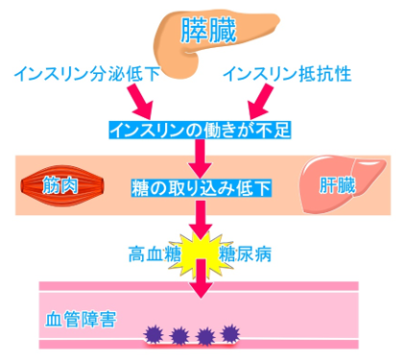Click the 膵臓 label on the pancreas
[x=208, y=31]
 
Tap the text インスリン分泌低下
[x=87, y=74]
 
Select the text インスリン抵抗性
[x=287, y=74]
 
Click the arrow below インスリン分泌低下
[x=140, y=101]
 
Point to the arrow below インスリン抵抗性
[x=261, y=101]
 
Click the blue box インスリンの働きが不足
[x=199, y=130]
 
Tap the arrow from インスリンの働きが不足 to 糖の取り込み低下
[x=200, y=158]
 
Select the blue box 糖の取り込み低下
[x=201, y=188]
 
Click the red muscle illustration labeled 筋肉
[x=62, y=185]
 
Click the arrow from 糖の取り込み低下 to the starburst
[x=200, y=220]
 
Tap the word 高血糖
[x=154, y=254]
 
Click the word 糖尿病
[x=245, y=254]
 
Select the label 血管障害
[x=81, y=319]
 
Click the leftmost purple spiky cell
[x=153, y=335]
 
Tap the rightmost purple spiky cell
[x=230, y=333]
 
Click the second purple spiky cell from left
[x=179, y=336]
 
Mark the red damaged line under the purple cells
[x=192, y=345]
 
